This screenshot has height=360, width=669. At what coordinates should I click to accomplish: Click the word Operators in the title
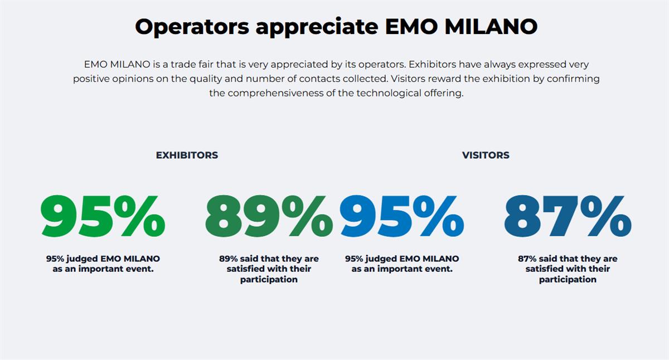[x=192, y=27]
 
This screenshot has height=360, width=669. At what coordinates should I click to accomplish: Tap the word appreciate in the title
[x=317, y=27]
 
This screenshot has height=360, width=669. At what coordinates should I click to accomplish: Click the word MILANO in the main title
[x=491, y=26]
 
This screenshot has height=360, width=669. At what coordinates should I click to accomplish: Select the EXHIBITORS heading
[x=187, y=155]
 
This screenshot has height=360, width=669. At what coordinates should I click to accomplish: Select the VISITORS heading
[x=486, y=155]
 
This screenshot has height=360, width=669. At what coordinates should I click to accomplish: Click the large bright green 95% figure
[x=103, y=216]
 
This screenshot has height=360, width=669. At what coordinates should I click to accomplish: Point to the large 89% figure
[x=269, y=216]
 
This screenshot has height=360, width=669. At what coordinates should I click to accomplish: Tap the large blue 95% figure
[x=402, y=216]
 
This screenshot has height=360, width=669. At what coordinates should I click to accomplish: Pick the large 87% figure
[x=568, y=216]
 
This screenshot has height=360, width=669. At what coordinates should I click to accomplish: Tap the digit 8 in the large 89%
[x=224, y=216]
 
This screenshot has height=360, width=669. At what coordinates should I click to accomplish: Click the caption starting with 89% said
[x=269, y=269]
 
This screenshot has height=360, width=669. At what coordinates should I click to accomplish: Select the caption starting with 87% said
[x=568, y=269]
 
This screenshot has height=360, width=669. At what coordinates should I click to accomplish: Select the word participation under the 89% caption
[x=269, y=280]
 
